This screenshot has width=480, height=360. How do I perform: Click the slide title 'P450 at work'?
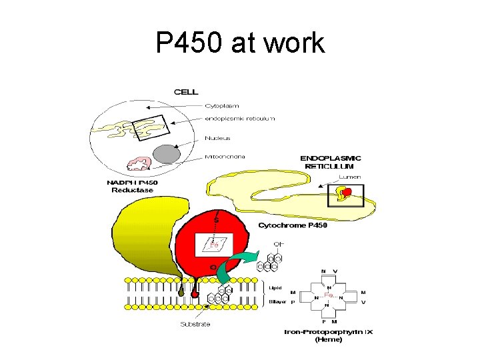[x=240, y=43]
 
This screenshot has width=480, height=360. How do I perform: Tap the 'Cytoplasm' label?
[x=222, y=105]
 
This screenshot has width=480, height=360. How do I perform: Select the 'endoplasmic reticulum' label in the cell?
[x=239, y=119]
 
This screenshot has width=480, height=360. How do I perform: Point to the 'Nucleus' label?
[x=217, y=138]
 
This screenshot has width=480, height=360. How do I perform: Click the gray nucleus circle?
[x=167, y=155]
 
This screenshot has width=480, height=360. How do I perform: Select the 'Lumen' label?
[x=350, y=177]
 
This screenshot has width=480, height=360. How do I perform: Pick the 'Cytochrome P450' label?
[x=293, y=225]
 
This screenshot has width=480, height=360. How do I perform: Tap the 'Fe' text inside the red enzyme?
[x=214, y=245]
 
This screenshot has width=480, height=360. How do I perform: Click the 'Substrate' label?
[x=195, y=324]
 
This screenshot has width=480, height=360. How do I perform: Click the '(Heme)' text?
[x=328, y=339]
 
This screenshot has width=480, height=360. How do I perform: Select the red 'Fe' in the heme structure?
[x=328, y=295]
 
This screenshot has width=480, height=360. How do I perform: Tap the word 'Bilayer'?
[x=277, y=301]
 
